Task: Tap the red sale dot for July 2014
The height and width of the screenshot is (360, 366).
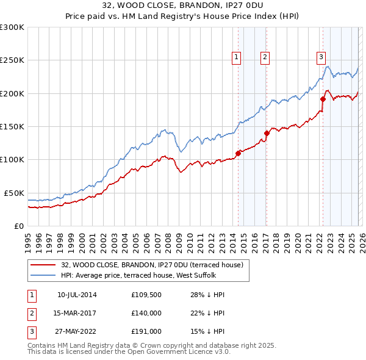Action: coord(238,153)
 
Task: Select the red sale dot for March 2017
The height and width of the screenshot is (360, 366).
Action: coord(267,133)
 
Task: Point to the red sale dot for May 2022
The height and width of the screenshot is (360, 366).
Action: coord(323,99)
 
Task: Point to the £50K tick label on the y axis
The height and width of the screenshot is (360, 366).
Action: coord(13,193)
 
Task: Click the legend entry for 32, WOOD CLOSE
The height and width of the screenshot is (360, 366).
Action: coord(152,265)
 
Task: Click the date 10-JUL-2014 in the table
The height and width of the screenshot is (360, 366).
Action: coord(77,295)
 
